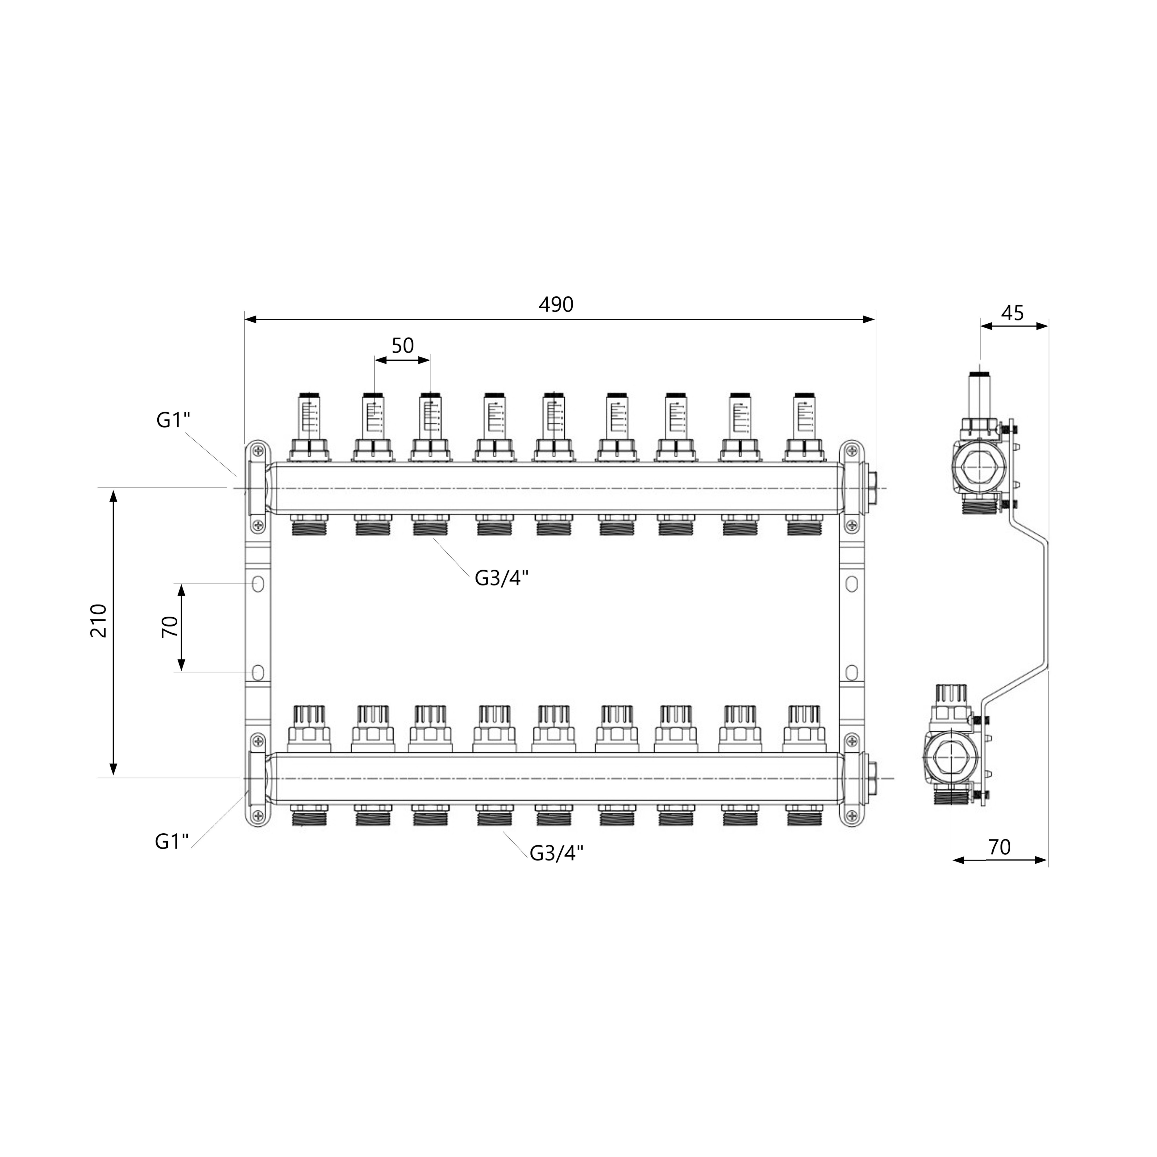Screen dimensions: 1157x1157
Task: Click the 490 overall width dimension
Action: (x=556, y=305)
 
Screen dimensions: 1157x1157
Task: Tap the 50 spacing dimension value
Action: (x=402, y=346)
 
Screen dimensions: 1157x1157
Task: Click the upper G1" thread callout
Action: (x=173, y=420)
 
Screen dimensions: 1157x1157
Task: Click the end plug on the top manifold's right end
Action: (x=871, y=488)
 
